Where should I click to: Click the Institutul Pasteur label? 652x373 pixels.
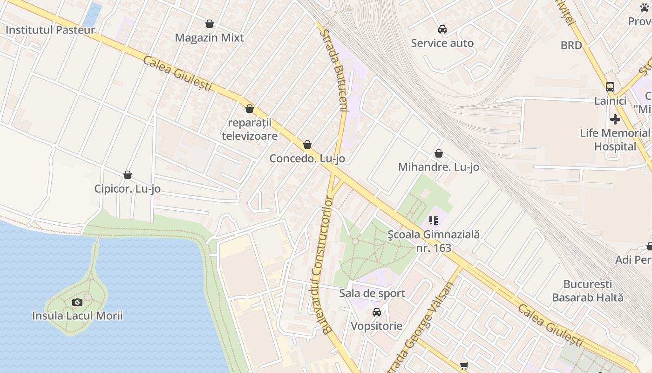[50, 30]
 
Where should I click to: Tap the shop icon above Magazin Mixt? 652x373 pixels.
[210, 24]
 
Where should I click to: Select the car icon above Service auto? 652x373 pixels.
[442, 29]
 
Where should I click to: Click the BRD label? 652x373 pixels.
[571, 45]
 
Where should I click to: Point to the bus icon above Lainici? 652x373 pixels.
[610, 87]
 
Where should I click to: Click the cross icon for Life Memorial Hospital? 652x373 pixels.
[615, 119]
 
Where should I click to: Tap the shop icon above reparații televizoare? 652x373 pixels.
[250, 109]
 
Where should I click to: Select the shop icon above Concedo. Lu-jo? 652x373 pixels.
[307, 145]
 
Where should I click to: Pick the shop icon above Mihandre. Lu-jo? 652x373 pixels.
[439, 153]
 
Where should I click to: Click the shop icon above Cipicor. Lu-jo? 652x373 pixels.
[128, 175]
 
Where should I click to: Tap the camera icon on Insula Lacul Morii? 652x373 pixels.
[77, 302]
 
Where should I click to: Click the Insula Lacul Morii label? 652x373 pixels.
[77, 316]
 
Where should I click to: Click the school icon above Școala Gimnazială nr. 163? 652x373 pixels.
[434, 221]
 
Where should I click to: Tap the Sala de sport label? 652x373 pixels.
[372, 293]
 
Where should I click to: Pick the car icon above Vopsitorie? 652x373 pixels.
[377, 312]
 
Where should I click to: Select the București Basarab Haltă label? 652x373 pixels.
[588, 290]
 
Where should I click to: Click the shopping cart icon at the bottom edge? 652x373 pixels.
[464, 366]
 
